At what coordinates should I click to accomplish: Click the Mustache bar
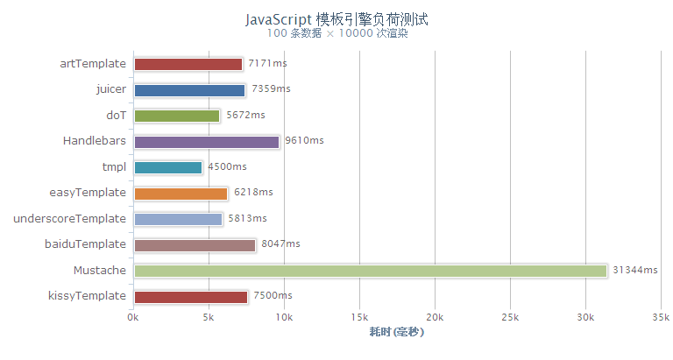coord(370,271)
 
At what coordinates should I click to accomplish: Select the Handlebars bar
coord(207,141)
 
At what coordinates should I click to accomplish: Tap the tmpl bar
coord(168,167)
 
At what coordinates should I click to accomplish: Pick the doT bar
coord(177,116)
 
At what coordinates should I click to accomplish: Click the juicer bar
coord(189,89)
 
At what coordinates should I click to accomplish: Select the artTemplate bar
coord(188,64)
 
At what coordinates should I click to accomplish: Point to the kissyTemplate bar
coord(191,297)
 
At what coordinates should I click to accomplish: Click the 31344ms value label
coord(635,271)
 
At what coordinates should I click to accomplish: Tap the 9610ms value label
coord(305,141)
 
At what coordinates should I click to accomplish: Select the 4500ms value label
coord(227,167)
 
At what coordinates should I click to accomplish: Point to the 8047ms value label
coord(280,244)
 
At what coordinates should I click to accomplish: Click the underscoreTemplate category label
coord(70,219)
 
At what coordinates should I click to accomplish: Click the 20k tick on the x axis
coord(434,316)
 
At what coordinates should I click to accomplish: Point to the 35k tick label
coord(660,316)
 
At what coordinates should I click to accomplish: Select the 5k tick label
coord(209,316)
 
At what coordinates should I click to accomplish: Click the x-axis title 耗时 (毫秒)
coord(396,332)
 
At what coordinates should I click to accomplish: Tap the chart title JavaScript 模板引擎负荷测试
coord(336,18)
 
